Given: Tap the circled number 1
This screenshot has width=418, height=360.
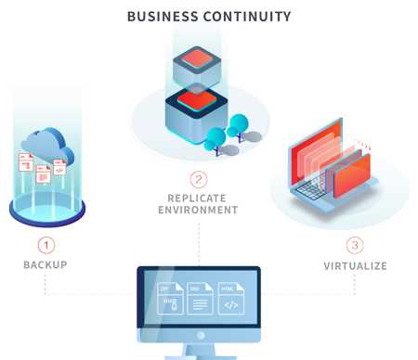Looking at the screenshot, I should coord(46,246).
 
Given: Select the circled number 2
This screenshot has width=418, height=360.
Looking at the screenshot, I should coord(198,179).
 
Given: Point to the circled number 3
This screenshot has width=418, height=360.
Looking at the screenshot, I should coord(354,246).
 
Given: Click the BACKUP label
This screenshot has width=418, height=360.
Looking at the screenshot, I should coord(46,265).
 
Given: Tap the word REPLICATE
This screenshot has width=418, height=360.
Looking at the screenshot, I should coord(198,198).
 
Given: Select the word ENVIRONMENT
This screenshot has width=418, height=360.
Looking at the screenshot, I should coord(198,211).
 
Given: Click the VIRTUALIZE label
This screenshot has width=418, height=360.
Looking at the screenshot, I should coord(354,266).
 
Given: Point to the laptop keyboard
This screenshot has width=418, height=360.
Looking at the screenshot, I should coord(316,191).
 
